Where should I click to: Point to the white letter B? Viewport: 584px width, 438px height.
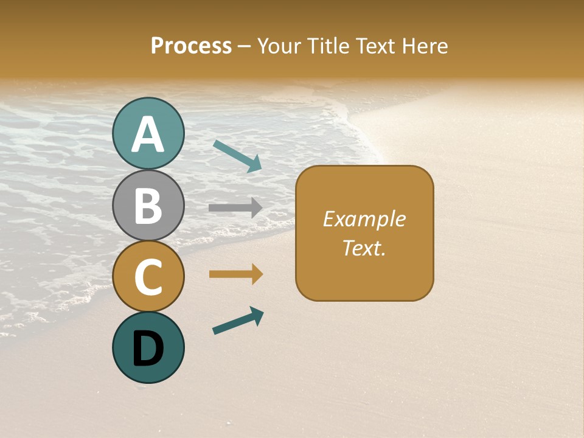pyautogui.click(x=148, y=206)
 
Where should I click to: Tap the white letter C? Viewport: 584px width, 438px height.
pyautogui.click(x=148, y=277)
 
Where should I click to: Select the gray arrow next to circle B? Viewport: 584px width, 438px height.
pyautogui.click(x=235, y=208)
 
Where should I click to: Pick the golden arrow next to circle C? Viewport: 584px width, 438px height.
pyautogui.click(x=235, y=274)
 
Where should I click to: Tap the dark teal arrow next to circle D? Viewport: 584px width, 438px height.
pyautogui.click(x=238, y=321)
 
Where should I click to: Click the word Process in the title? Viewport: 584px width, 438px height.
pyautogui.click(x=191, y=46)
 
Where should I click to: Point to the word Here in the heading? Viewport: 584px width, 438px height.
pyautogui.click(x=423, y=46)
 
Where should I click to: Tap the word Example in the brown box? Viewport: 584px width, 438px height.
pyautogui.click(x=364, y=219)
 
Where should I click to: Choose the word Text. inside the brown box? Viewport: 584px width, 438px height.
pyautogui.click(x=364, y=248)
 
